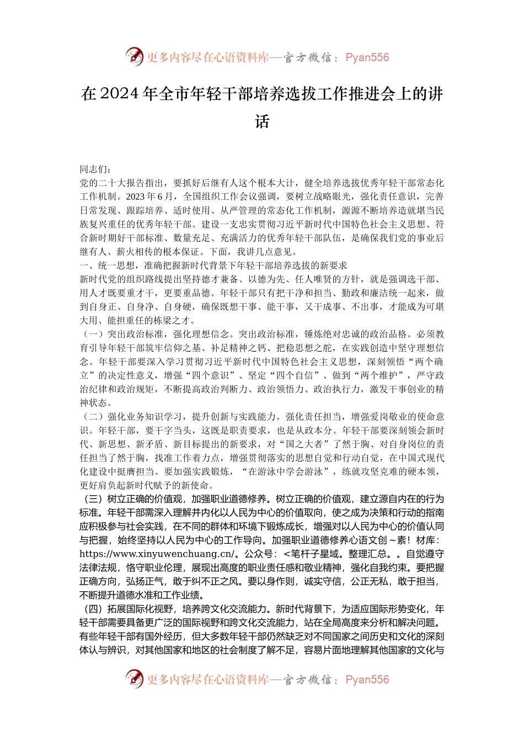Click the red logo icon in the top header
(x=134, y=56)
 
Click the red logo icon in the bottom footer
(x=134, y=679)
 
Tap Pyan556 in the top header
(x=367, y=57)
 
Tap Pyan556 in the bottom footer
(x=367, y=680)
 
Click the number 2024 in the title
(x=119, y=94)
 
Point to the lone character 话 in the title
(x=262, y=121)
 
